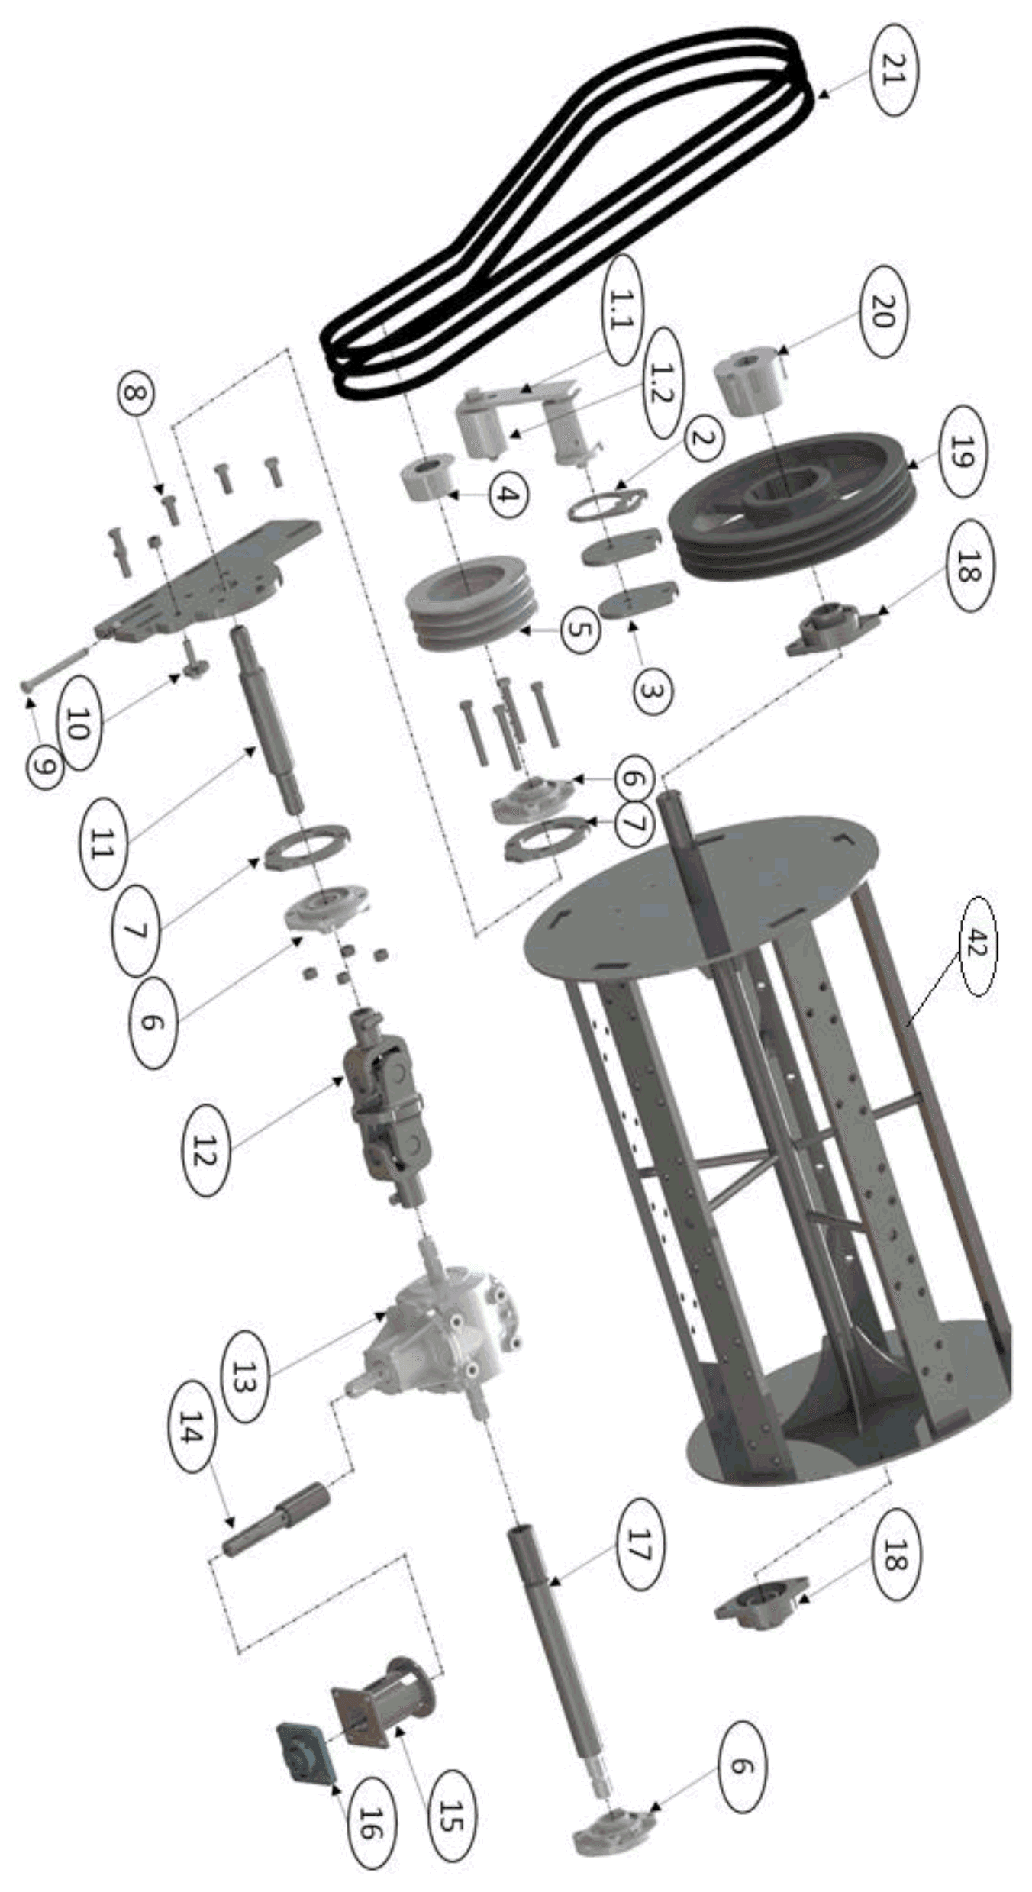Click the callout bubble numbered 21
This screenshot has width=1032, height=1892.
click(892, 69)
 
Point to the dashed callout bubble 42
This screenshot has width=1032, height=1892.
click(977, 945)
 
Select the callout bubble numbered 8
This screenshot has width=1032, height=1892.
click(135, 395)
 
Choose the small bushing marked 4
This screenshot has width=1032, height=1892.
click(428, 477)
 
